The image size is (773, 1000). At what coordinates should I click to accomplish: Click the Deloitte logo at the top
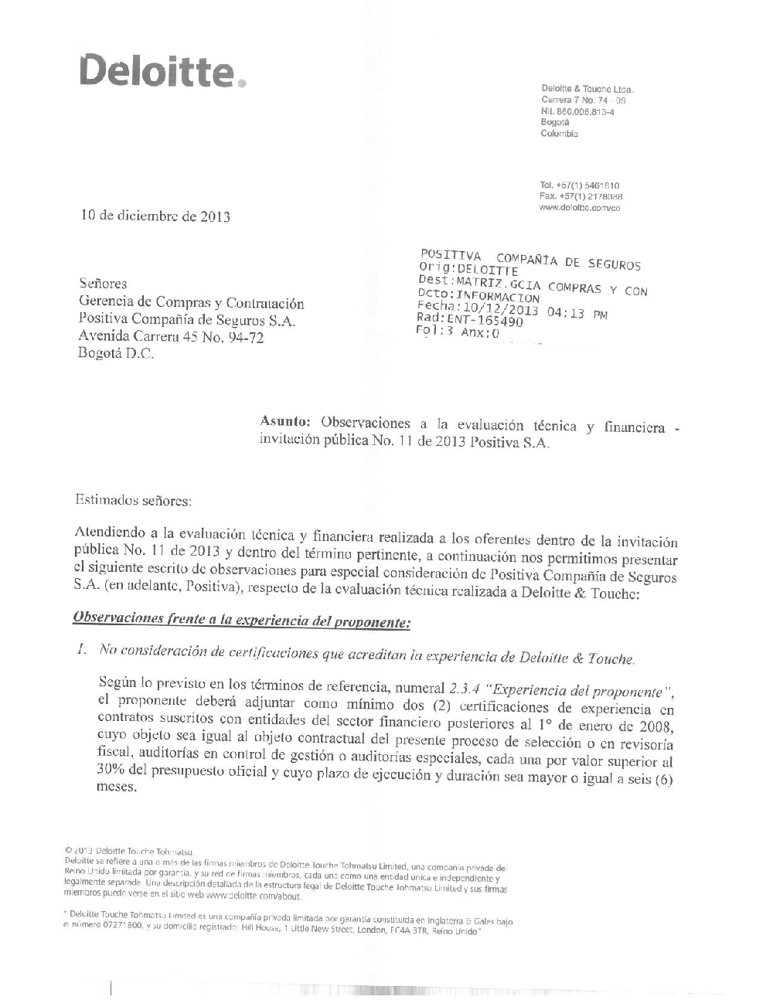click(162, 71)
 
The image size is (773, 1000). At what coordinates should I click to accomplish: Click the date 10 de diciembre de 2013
click(155, 216)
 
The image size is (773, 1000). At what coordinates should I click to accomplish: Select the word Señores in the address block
click(104, 284)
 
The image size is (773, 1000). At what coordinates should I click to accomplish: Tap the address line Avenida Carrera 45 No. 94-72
click(171, 336)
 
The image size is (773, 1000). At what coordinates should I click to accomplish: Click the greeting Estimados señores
click(132, 500)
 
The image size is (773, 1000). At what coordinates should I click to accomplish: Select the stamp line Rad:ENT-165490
click(469, 320)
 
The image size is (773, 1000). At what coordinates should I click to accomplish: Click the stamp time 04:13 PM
click(577, 314)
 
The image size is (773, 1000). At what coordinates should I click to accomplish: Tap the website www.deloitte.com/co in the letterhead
click(580, 208)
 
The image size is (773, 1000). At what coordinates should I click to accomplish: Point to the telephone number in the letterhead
click(580, 186)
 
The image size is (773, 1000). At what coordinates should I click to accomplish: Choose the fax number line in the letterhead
click(581, 197)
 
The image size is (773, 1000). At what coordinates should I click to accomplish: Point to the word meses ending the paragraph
click(115, 787)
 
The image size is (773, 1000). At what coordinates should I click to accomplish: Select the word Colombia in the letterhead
click(559, 134)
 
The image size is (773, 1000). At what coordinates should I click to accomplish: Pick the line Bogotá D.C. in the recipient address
click(116, 354)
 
